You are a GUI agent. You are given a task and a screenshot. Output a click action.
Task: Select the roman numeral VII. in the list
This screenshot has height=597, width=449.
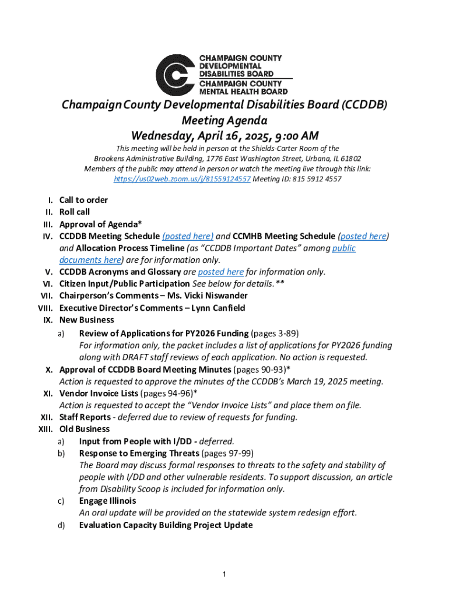tap(47, 296)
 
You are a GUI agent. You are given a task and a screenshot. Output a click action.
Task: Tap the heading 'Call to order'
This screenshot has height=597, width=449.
tap(83, 200)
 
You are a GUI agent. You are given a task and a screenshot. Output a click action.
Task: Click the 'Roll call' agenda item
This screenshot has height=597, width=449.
tap(75, 212)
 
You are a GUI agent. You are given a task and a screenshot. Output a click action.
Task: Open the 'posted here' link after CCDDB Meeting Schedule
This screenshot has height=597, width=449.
tap(188, 236)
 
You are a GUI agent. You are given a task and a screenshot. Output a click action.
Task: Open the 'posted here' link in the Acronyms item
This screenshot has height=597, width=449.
tap(220, 272)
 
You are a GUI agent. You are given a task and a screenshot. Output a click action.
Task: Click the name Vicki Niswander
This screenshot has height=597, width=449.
tap(220, 296)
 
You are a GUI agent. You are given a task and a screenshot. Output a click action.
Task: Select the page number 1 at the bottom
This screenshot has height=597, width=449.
tap(224, 575)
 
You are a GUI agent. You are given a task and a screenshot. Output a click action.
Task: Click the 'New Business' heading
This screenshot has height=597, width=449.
tap(87, 319)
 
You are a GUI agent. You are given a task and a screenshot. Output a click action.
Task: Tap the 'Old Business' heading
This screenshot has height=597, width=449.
tap(85, 429)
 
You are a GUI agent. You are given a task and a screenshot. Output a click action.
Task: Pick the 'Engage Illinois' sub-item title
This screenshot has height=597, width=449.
tap(107, 501)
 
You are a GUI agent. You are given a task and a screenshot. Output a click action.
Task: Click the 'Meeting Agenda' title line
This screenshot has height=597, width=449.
tap(224, 121)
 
